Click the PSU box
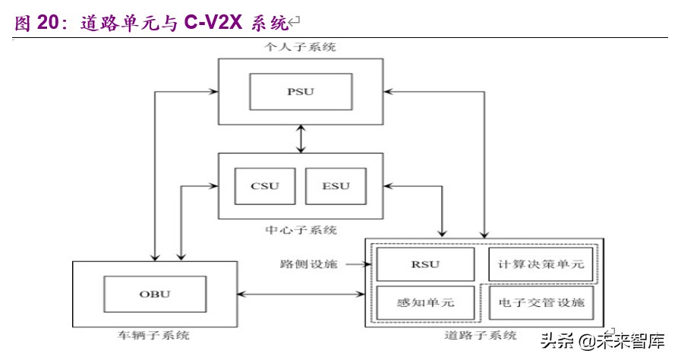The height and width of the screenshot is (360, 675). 301,93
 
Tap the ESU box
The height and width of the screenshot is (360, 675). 334,186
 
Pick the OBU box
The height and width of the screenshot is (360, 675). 154,295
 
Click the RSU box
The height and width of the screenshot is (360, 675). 425,265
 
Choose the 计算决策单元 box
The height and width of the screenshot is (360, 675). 541,265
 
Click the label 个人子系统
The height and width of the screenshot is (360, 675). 301,47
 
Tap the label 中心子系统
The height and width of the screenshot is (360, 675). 301,229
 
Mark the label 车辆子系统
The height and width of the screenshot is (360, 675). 154,335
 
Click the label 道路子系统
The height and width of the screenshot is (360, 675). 482,335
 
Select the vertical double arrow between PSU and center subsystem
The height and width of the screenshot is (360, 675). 301,138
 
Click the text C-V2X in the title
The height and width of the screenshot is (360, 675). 213,24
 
